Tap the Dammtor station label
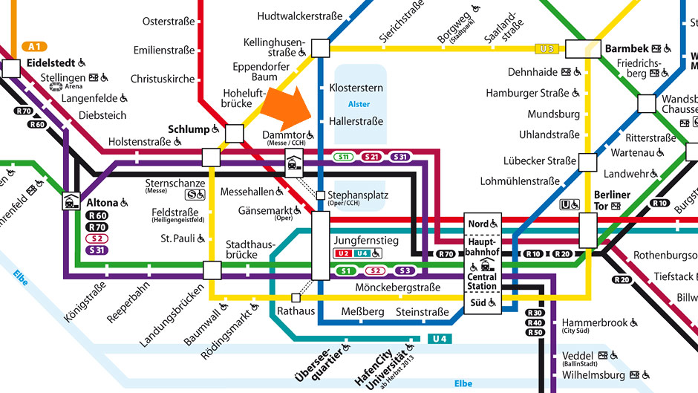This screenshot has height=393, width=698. (284, 134)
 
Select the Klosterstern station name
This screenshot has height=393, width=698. (356, 88)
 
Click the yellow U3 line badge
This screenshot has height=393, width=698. (547, 49)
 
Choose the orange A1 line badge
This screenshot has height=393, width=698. (34, 46)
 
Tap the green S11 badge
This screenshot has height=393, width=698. (344, 157)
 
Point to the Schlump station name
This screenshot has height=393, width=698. (189, 129)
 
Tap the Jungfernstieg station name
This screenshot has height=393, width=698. (366, 241)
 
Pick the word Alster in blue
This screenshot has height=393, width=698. (359, 104)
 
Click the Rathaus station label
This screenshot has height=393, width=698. (295, 311)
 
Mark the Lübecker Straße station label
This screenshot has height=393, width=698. (539, 160)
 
